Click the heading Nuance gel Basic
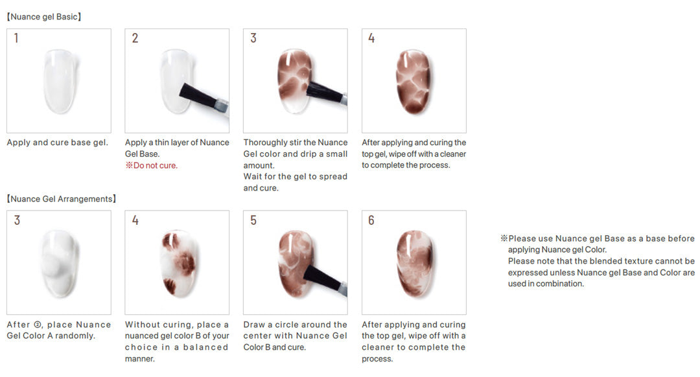[44, 17]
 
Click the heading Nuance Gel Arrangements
[61, 199]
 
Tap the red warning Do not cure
[151, 166]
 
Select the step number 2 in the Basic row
[135, 38]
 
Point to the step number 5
[253, 220]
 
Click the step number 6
[371, 220]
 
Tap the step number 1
[16, 38]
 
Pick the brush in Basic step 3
[327, 93]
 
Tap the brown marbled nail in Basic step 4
[414, 81]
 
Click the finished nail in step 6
[414, 263]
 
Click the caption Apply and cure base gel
[57, 143]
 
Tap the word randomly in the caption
[75, 336]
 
